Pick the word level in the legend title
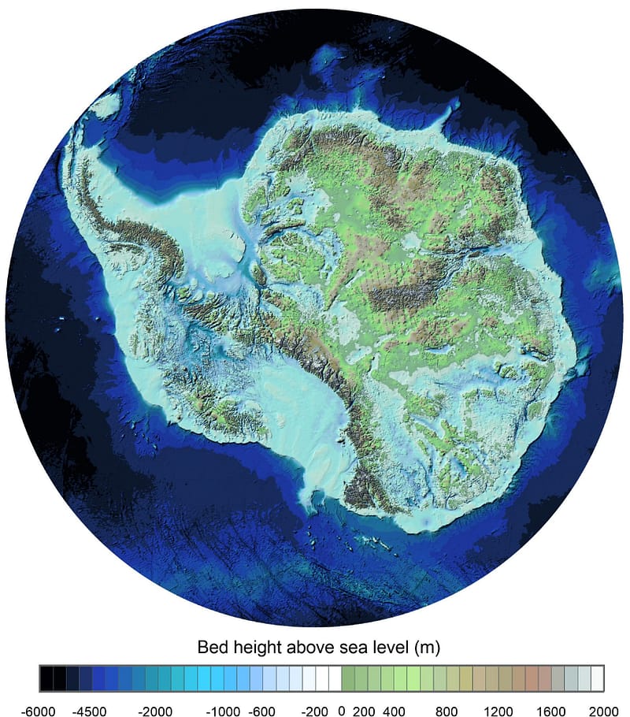[386, 648]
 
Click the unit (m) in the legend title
[426, 648]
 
